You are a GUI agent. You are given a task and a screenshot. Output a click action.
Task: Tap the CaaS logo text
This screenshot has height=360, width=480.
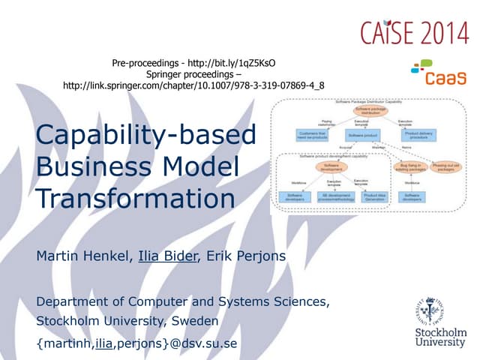click(x=445, y=76)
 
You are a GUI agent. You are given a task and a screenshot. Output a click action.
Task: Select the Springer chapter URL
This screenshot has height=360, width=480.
click(x=194, y=85)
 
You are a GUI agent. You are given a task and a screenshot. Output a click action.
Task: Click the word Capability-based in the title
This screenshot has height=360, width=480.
click(x=145, y=136)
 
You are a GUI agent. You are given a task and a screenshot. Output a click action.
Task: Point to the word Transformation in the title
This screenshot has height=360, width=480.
click(x=135, y=197)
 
